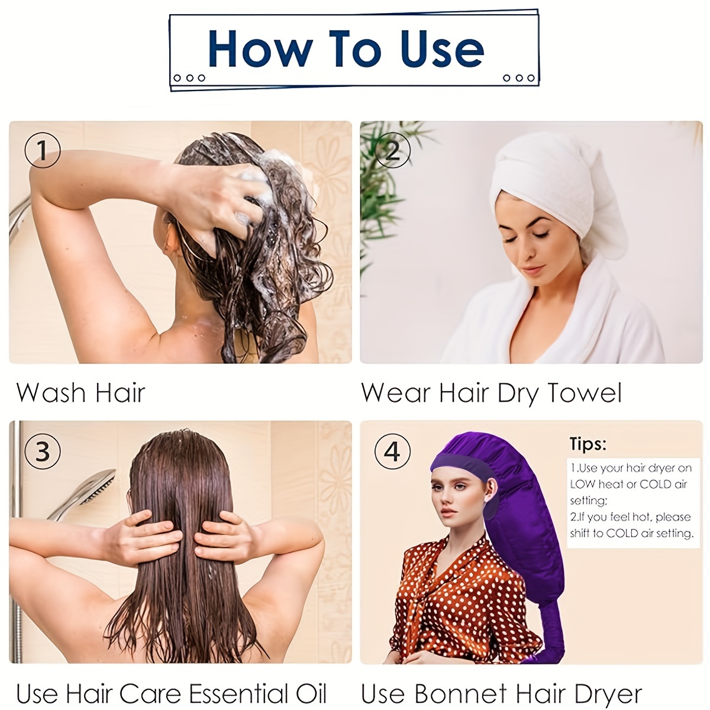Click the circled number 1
[43, 150]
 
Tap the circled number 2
[393, 150]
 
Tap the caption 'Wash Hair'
[81, 393]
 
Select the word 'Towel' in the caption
[585, 393]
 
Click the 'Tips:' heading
[588, 444]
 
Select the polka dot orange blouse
[461, 592]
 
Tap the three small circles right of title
[519, 78]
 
